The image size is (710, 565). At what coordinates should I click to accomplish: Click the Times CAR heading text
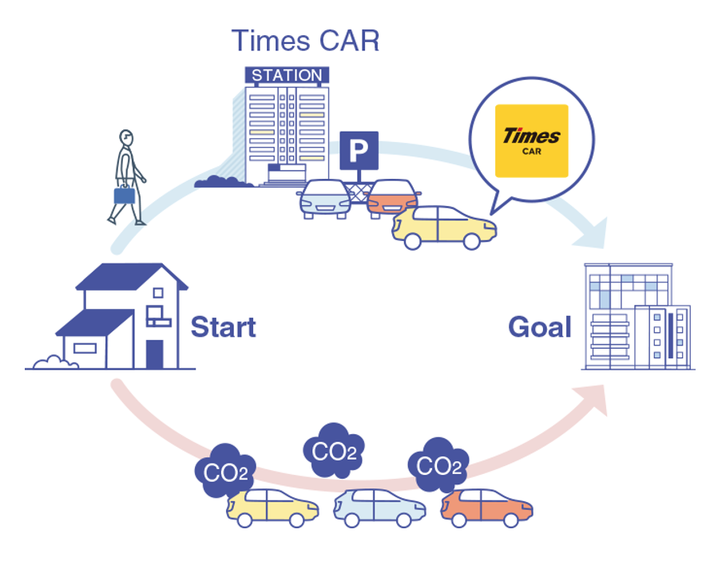305,40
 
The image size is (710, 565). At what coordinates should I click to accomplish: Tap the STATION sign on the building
287,76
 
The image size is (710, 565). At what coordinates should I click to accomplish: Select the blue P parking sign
359,150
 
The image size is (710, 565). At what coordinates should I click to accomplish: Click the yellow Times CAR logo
531,140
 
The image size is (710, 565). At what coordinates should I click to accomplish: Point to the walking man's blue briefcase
125,195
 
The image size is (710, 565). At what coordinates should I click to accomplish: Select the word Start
223,327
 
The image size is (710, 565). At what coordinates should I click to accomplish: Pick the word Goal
540,327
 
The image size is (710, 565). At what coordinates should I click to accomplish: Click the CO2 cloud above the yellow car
226,472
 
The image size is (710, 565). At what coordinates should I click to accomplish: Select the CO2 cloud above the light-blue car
334,452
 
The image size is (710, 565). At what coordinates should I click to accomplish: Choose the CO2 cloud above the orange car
438,465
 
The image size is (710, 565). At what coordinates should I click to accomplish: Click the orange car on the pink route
486,508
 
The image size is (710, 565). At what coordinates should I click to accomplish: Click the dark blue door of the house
154,354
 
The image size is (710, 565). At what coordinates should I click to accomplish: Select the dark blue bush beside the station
217,182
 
